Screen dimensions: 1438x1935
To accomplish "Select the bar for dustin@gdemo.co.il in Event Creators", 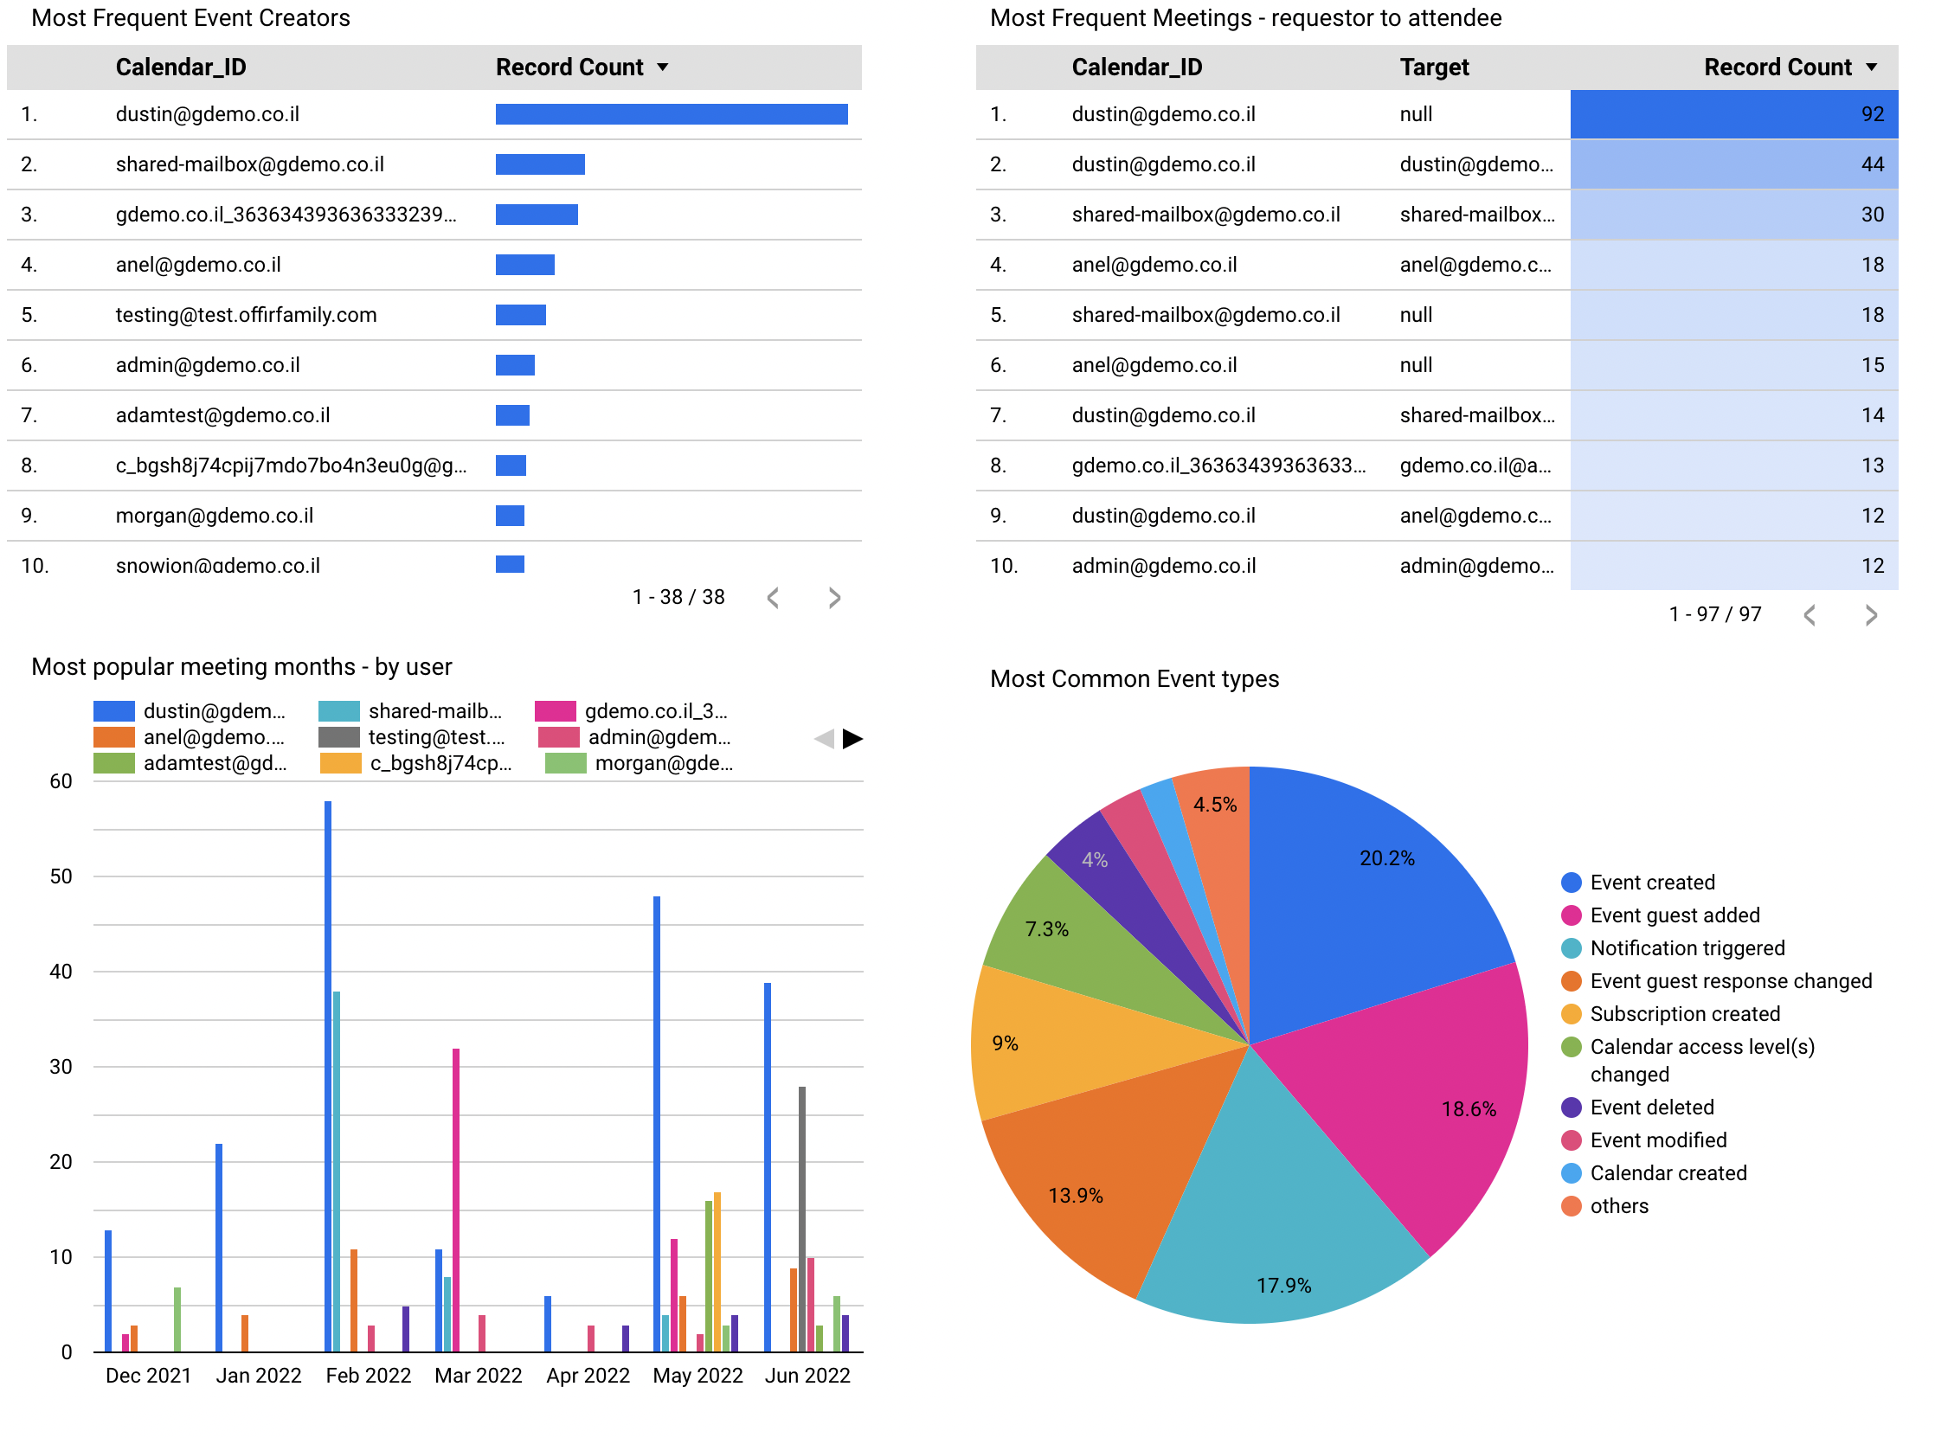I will pyautogui.click(x=672, y=114).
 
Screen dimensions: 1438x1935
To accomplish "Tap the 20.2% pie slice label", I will pyautogui.click(x=1386, y=858).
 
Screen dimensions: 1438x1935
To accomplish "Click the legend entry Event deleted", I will pyautogui.click(x=1651, y=1107).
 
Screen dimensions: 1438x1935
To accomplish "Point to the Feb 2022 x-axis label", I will pyautogui.click(x=368, y=1376).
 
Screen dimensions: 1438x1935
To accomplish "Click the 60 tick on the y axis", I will pyautogui.click(x=61, y=780).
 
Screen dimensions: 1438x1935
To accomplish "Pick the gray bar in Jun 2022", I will pyautogui.click(x=801, y=1218).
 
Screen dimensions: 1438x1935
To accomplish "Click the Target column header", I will pyautogui.click(x=1434, y=67).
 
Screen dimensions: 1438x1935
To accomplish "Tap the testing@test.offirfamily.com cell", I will pyautogui.click(x=247, y=315).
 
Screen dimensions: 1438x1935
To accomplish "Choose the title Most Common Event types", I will pyautogui.click(x=1135, y=679).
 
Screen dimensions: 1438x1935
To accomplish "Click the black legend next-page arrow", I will pyautogui.click(x=852, y=739).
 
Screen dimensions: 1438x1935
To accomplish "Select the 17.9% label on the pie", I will pyautogui.click(x=1283, y=1286).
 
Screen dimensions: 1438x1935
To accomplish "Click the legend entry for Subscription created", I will pyautogui.click(x=1684, y=1014).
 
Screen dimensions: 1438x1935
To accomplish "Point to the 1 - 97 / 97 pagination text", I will pyautogui.click(x=1714, y=614).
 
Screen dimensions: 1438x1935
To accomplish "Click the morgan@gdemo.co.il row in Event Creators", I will pyautogui.click(x=215, y=516).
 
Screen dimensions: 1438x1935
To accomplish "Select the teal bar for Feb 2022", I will pyautogui.click(x=337, y=1171).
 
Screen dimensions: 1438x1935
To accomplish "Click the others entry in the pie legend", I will pyautogui.click(x=1618, y=1206).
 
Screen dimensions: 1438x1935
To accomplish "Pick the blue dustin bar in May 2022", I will pyautogui.click(x=656, y=1123).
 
